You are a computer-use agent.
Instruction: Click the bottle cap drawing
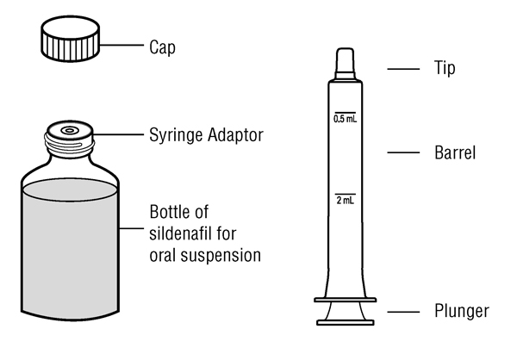tap(68, 40)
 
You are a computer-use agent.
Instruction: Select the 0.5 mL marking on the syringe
tap(344, 118)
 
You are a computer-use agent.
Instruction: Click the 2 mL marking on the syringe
tap(344, 200)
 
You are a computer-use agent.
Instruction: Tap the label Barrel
tap(455, 154)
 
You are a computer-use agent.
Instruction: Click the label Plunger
tap(461, 311)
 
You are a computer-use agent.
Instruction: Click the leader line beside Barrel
tap(402, 153)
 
